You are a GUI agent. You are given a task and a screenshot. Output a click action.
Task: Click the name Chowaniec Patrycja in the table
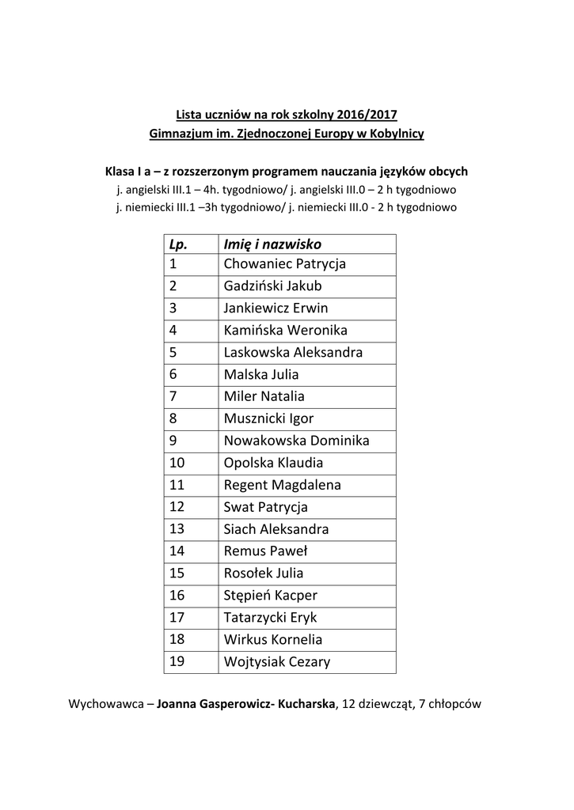pos(285,264)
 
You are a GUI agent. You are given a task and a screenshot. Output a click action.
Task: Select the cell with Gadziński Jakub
pos(272,286)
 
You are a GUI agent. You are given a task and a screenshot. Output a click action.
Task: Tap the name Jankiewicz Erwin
pos(276,308)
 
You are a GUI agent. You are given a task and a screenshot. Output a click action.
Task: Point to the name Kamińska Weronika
pos(285,331)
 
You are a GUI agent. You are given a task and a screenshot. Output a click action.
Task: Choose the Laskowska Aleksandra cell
pos(293,353)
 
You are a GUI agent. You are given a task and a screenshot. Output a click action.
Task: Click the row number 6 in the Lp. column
pos(173,375)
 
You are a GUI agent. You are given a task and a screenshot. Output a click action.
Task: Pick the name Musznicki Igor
pos(268,419)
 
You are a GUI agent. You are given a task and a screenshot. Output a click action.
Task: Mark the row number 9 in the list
pos(173,441)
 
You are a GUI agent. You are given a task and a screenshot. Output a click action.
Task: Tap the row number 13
pos(177,530)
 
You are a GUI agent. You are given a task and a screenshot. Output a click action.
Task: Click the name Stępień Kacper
pos(270,596)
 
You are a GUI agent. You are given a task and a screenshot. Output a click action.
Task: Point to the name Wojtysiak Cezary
pos(276,662)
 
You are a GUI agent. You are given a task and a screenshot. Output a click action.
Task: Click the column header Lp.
pos(177,244)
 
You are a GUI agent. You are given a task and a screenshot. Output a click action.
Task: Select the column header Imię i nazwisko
pos(272,244)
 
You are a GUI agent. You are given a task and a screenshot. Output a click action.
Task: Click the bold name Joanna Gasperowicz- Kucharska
pos(247,702)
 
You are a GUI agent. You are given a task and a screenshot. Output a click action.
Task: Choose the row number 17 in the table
pos(177,618)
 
